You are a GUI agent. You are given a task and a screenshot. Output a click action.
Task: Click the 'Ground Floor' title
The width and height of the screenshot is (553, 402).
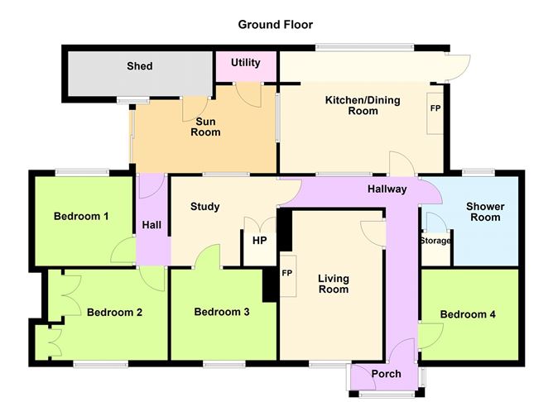[275, 25]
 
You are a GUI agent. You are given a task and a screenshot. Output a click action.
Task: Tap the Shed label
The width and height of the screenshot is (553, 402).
[140, 66]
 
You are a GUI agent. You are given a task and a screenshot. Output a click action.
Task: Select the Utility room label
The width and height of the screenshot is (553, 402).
[246, 63]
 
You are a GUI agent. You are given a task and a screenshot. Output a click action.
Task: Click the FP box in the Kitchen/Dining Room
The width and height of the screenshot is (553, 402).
[435, 113]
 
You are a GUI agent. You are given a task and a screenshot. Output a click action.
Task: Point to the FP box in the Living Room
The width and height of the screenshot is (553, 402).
[288, 276]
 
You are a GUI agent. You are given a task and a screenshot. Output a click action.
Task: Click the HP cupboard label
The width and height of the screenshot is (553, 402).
[260, 241]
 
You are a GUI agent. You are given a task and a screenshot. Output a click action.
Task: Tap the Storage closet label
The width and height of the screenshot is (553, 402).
[435, 241]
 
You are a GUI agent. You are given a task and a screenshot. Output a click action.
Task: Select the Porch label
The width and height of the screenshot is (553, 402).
[386, 374]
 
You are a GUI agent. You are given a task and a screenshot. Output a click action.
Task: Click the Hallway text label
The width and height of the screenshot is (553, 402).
[387, 189]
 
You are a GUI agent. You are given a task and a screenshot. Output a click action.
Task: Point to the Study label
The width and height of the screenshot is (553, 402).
[205, 207]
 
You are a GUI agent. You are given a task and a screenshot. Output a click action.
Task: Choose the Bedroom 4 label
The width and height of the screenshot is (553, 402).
[468, 314]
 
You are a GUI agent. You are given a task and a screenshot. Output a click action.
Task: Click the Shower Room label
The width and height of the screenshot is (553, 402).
[485, 212]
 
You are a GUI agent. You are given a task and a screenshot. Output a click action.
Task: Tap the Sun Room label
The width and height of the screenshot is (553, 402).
[205, 127]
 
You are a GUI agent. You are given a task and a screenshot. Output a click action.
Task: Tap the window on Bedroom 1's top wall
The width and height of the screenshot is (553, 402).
[82, 173]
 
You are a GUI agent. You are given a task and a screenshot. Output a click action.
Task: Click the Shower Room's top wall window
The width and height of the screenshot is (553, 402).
[478, 172]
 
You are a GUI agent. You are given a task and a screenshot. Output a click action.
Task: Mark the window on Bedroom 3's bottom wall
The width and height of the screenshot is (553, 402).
[224, 364]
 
